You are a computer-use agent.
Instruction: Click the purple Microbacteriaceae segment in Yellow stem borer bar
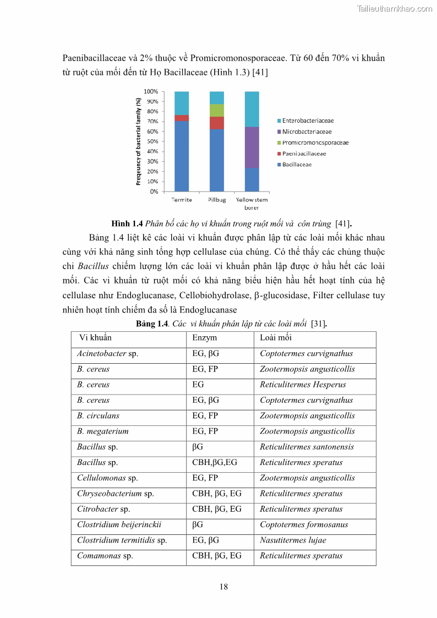(252, 147)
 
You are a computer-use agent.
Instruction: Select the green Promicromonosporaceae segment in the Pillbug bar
(216, 110)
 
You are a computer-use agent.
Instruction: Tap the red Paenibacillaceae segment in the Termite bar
(181, 118)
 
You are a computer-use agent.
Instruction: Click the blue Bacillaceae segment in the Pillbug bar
(216, 160)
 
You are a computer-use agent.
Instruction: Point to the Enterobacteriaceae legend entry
(308, 121)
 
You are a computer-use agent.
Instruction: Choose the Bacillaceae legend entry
(297, 165)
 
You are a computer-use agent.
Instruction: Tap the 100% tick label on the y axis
(150, 91)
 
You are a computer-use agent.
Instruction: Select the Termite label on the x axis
(181, 200)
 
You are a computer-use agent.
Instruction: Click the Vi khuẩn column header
(95, 338)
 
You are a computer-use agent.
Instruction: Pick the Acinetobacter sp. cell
(107, 354)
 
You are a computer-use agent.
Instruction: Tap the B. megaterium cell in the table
(103, 431)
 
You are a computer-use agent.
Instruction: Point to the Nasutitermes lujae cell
(293, 540)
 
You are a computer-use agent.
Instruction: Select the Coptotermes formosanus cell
(304, 524)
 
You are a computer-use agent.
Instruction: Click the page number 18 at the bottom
(223, 587)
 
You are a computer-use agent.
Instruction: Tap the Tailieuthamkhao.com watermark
(394, 8)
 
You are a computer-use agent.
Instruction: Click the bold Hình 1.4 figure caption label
(127, 223)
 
